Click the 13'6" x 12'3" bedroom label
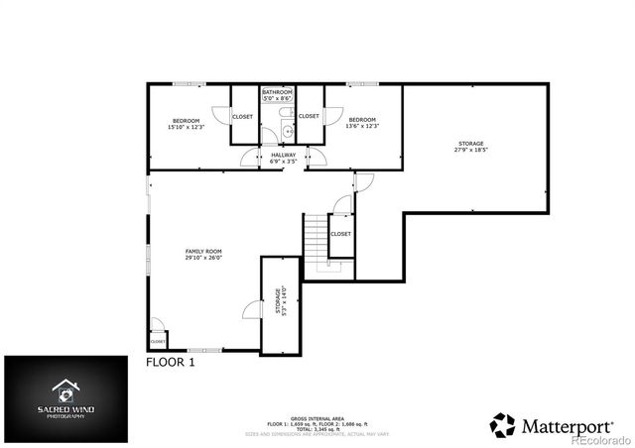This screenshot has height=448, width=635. click(x=361, y=124)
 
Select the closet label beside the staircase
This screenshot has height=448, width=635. click(x=340, y=234)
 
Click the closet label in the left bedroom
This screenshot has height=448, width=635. click(x=242, y=117)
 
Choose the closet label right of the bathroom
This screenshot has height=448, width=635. click(x=310, y=117)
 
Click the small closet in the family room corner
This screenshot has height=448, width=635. click(x=158, y=341)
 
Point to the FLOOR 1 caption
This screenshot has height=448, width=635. click(x=171, y=363)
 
